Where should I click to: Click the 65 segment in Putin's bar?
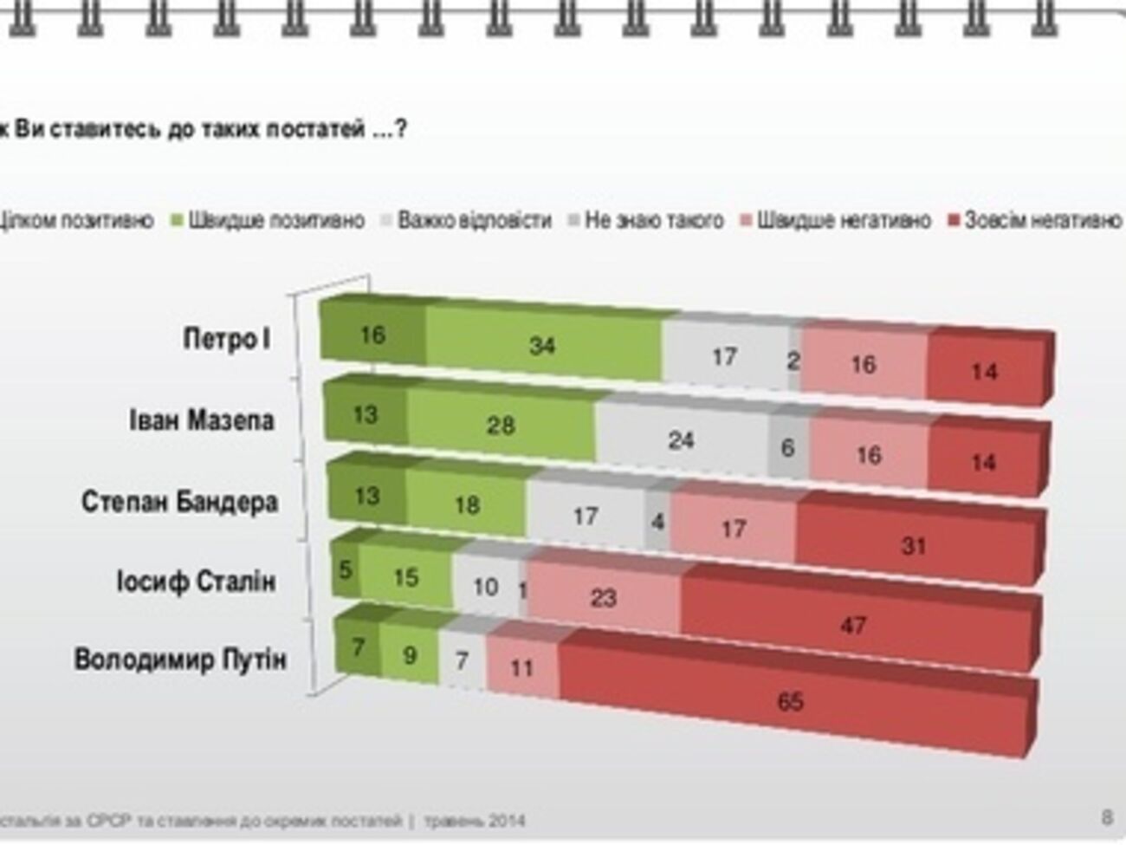coord(790,700)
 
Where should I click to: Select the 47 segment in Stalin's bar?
coord(853,624)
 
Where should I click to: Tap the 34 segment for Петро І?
coord(542,346)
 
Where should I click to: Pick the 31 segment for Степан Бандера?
coord(914,545)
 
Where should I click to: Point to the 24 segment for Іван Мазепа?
coord(681,440)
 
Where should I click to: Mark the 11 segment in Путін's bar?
coord(521,667)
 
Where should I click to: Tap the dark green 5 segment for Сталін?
coord(346,569)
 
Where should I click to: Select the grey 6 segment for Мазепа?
coord(787,448)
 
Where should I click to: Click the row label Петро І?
coord(227,338)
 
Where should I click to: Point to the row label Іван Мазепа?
coord(202,421)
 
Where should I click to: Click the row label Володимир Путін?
coord(179,660)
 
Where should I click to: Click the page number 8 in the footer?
coord(1107,816)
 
